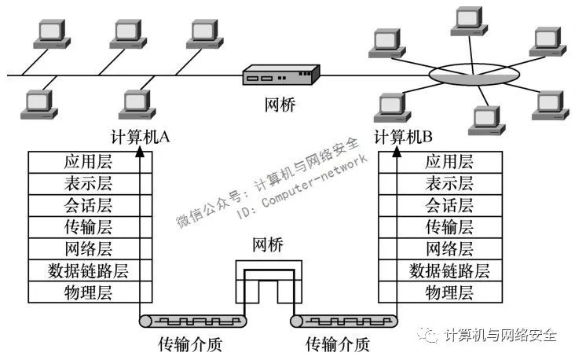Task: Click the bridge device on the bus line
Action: click(281, 75)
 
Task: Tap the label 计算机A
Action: click(140, 138)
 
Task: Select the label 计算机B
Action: click(403, 138)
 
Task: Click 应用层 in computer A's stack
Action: click(88, 162)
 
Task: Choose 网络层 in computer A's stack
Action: click(88, 249)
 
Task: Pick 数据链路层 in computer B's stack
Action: click(449, 271)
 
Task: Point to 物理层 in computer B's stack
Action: click(449, 292)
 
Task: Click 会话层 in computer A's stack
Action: click(88, 205)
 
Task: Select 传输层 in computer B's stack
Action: click(449, 227)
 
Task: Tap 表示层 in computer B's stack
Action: click(449, 183)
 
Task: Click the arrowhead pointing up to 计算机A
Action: click(140, 152)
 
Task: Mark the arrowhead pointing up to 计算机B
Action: click(397, 152)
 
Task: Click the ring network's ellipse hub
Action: click(474, 75)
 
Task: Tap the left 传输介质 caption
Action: click(190, 344)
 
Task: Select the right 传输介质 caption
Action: click(337, 344)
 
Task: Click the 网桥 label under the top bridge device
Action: click(280, 105)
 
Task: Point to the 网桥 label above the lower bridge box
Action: click(268, 244)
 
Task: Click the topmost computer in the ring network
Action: click(469, 21)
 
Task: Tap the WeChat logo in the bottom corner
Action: click(427, 334)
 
